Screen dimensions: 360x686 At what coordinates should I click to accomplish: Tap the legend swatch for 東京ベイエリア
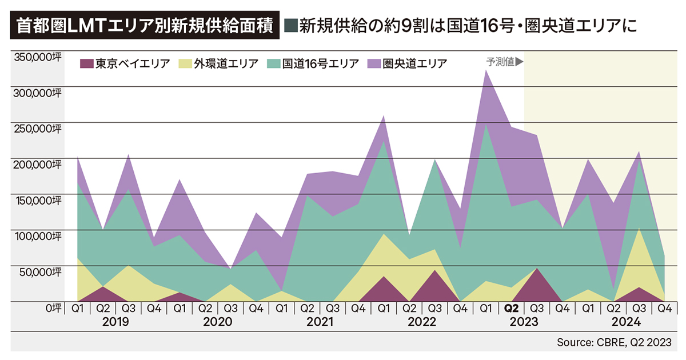coord(86,63)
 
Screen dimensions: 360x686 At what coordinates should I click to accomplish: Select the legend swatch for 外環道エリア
coord(186,63)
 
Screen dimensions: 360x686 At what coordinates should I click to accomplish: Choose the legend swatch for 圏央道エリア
coord(373,63)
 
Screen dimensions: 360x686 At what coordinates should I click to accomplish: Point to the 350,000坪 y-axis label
coord(36,57)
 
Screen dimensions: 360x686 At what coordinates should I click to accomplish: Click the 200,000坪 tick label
coord(36,164)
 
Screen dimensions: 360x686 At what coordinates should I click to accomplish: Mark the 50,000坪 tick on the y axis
coord(36,271)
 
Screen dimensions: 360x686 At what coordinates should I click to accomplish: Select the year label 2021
coord(320,322)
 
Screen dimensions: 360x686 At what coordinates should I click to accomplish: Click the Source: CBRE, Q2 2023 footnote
coord(615,342)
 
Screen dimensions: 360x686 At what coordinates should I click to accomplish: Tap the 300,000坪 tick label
coord(36,93)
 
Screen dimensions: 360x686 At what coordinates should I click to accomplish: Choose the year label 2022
coord(422,322)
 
